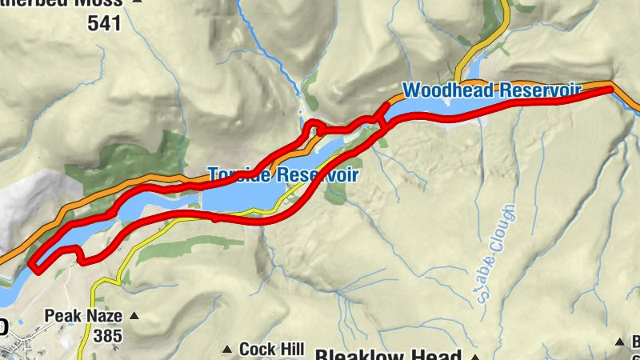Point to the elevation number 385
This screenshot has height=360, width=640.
pyautogui.click(x=107, y=336)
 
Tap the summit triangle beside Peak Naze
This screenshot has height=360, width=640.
pyautogui.click(x=134, y=317)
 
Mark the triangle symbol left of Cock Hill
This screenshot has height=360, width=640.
pyautogui.click(x=226, y=350)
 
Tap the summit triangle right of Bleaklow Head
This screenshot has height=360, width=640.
pyautogui.click(x=475, y=356)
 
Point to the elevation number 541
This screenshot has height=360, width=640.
pyautogui.click(x=104, y=24)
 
